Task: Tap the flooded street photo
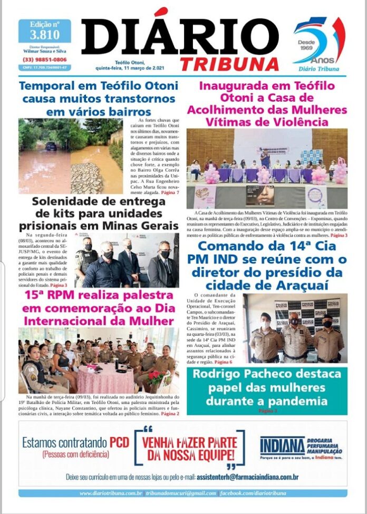click(x=71, y=156)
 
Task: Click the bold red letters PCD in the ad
click(x=119, y=443)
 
